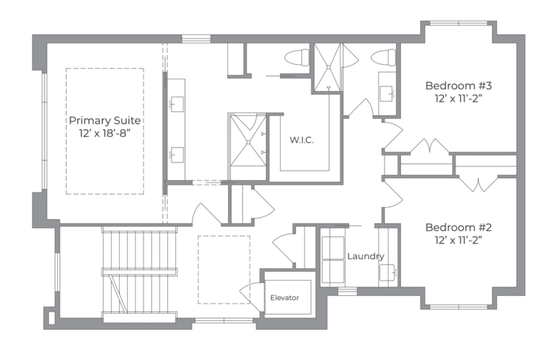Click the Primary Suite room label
[x=105, y=120]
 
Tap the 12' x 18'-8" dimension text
[x=105, y=133]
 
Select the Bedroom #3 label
[x=458, y=84]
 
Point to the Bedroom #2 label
[x=458, y=225]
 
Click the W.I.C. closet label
[x=302, y=139]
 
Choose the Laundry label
[x=365, y=256]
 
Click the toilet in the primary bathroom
[x=296, y=57]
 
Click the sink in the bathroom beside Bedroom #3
[x=387, y=92]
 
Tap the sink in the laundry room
[x=387, y=271]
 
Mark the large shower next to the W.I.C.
[x=247, y=139]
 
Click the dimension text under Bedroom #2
[x=458, y=239]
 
